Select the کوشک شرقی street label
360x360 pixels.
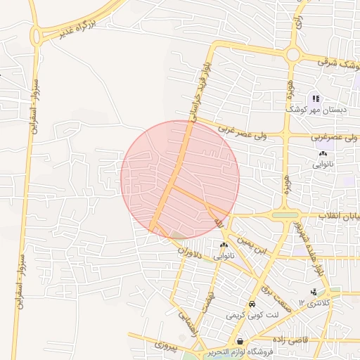pyautogui.click(x=337, y=63)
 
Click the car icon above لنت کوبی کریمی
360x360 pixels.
pyautogui.click(x=252, y=304)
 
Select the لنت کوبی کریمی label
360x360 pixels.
pyautogui.click(x=252, y=316)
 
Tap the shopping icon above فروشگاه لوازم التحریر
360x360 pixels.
pyautogui.click(x=240, y=341)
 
